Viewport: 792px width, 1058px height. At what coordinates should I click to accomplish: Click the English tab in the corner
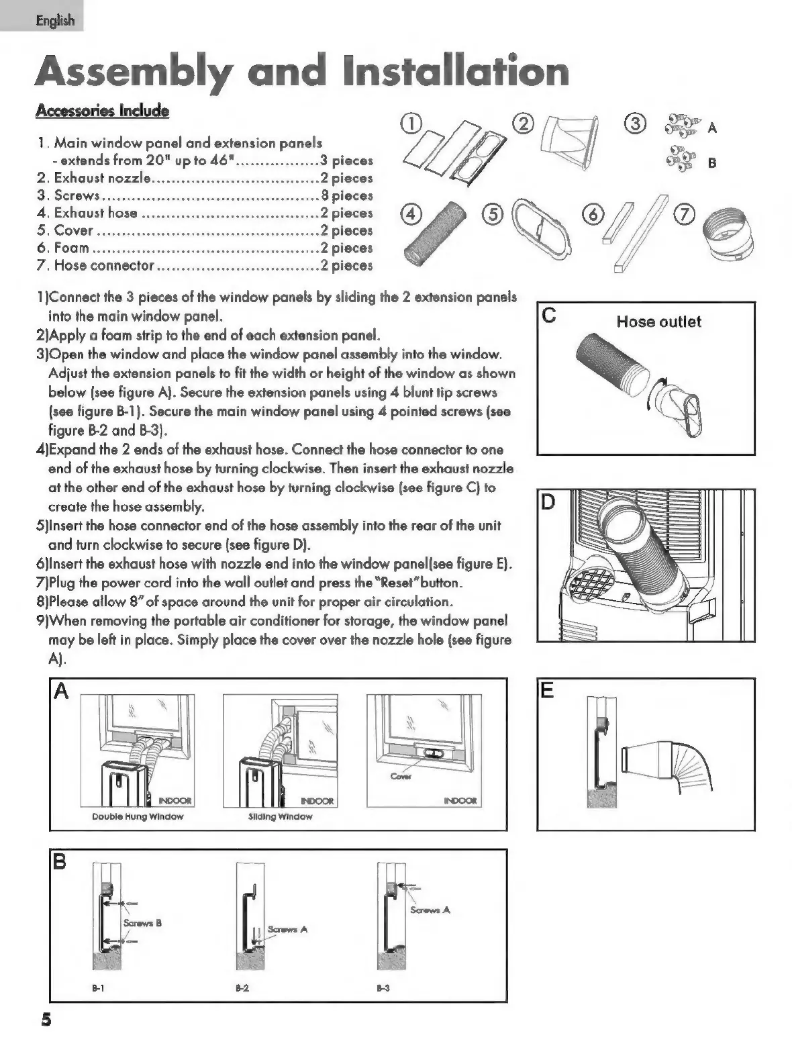click(x=55, y=20)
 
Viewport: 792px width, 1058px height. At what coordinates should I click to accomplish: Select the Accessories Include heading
click(x=102, y=111)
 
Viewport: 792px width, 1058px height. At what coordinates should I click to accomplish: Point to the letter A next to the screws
click(x=712, y=128)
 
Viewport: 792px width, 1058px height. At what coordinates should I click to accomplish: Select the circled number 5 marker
click(x=492, y=214)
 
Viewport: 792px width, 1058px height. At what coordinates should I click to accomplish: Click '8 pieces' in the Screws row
click(x=346, y=195)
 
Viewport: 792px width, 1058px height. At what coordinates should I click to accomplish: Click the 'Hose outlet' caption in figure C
click(x=658, y=322)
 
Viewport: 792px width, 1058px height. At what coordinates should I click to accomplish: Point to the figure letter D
click(x=548, y=502)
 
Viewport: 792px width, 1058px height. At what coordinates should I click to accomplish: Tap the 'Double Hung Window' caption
click(x=138, y=816)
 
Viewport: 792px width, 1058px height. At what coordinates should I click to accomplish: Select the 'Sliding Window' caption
click(x=280, y=816)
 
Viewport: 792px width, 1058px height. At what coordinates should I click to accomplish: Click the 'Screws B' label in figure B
click(x=142, y=922)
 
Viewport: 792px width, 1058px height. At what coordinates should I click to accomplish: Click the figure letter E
click(x=548, y=691)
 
